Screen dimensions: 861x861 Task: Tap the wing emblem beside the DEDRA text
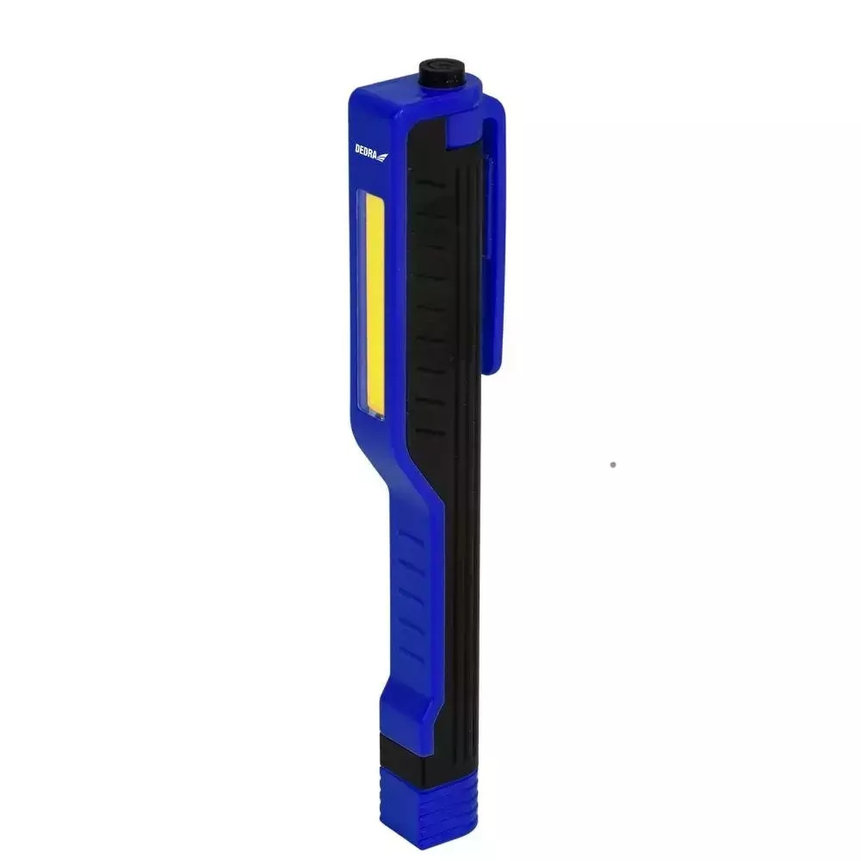pos(382,157)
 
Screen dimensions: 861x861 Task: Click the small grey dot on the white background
pos(613,465)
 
